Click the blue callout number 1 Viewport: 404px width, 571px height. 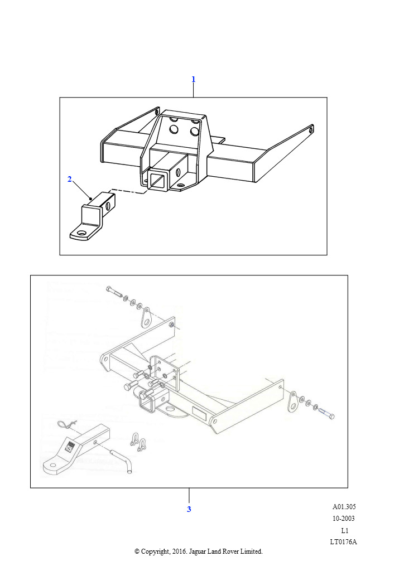coord(194,79)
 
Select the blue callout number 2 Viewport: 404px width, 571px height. coord(70,179)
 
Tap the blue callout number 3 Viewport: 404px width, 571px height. coord(189,509)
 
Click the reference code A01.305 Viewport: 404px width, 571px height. coord(344,506)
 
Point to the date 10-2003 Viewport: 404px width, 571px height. coord(344,518)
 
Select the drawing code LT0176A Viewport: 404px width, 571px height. coord(344,542)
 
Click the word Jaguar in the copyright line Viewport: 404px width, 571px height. coord(197,551)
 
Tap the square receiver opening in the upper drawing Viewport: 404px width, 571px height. coord(158,180)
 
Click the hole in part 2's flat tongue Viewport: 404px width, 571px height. coord(82,233)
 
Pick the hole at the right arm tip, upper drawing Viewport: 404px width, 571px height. coord(311,129)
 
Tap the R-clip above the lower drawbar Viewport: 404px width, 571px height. coord(66,424)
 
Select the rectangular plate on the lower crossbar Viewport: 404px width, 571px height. coord(199,413)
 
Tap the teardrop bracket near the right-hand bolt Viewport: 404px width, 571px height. coord(292,401)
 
